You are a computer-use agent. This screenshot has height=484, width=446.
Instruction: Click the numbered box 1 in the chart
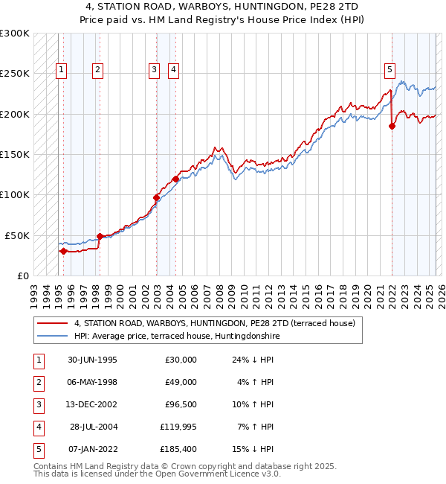60,71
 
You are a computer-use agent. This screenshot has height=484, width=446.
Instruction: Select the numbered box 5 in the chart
390,71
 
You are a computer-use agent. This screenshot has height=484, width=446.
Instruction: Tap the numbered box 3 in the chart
154,71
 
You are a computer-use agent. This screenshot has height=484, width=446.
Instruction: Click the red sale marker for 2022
392,126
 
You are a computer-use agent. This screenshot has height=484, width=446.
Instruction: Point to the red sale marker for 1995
63,251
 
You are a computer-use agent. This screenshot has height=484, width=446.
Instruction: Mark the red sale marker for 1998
100,236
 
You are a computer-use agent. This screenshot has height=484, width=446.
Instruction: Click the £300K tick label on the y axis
15,34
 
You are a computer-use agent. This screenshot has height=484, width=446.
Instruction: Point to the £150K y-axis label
15,155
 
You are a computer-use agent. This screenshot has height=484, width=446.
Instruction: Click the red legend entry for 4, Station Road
215,323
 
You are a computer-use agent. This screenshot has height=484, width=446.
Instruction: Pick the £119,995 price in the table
178,427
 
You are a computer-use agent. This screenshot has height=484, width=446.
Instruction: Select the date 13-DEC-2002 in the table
91,404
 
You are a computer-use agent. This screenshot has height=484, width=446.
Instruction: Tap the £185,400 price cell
178,449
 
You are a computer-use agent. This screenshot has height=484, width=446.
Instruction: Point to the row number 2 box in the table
39,382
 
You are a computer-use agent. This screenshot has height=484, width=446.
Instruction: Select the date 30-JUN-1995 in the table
91,360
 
